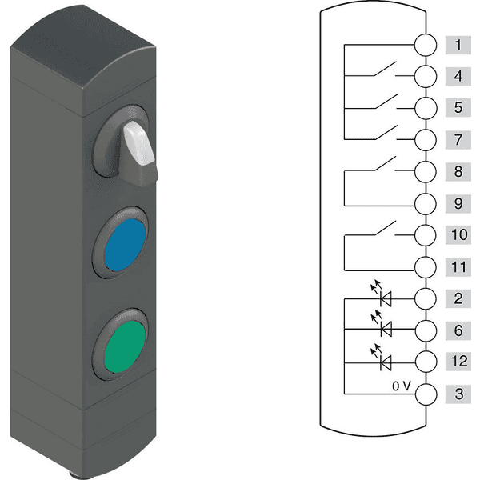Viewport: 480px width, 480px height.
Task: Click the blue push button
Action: point(124,245)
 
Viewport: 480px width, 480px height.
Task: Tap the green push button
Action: point(124,346)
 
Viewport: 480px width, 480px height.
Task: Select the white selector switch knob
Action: point(138,142)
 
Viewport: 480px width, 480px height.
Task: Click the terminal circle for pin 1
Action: point(426,45)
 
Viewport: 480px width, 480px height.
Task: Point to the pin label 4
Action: point(458,76)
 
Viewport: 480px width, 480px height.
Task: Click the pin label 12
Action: point(458,362)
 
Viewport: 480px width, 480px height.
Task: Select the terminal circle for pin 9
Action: point(426,204)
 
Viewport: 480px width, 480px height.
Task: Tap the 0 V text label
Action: point(402,386)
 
